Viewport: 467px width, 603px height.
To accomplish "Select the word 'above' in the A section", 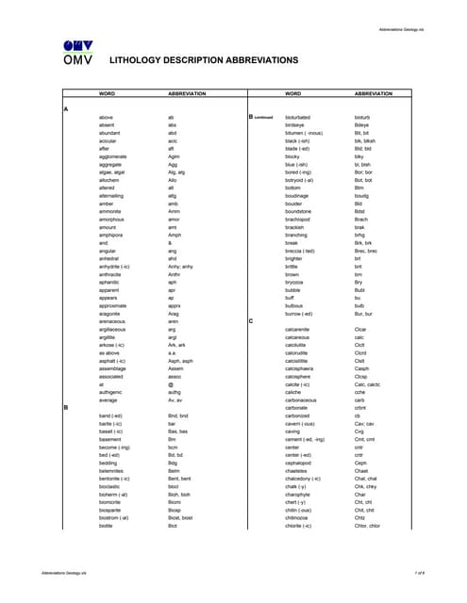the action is click(x=106, y=117).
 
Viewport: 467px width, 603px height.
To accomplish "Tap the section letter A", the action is click(x=65, y=109).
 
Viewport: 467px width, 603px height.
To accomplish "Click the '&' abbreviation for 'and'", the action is click(x=170, y=243).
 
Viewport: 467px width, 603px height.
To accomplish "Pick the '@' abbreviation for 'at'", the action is click(x=171, y=383).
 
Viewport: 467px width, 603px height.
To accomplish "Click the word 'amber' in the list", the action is click(x=107, y=204).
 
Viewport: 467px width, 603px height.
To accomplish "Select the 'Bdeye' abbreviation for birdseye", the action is click(x=362, y=125).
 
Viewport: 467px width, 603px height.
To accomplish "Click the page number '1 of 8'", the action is click(x=419, y=573).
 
